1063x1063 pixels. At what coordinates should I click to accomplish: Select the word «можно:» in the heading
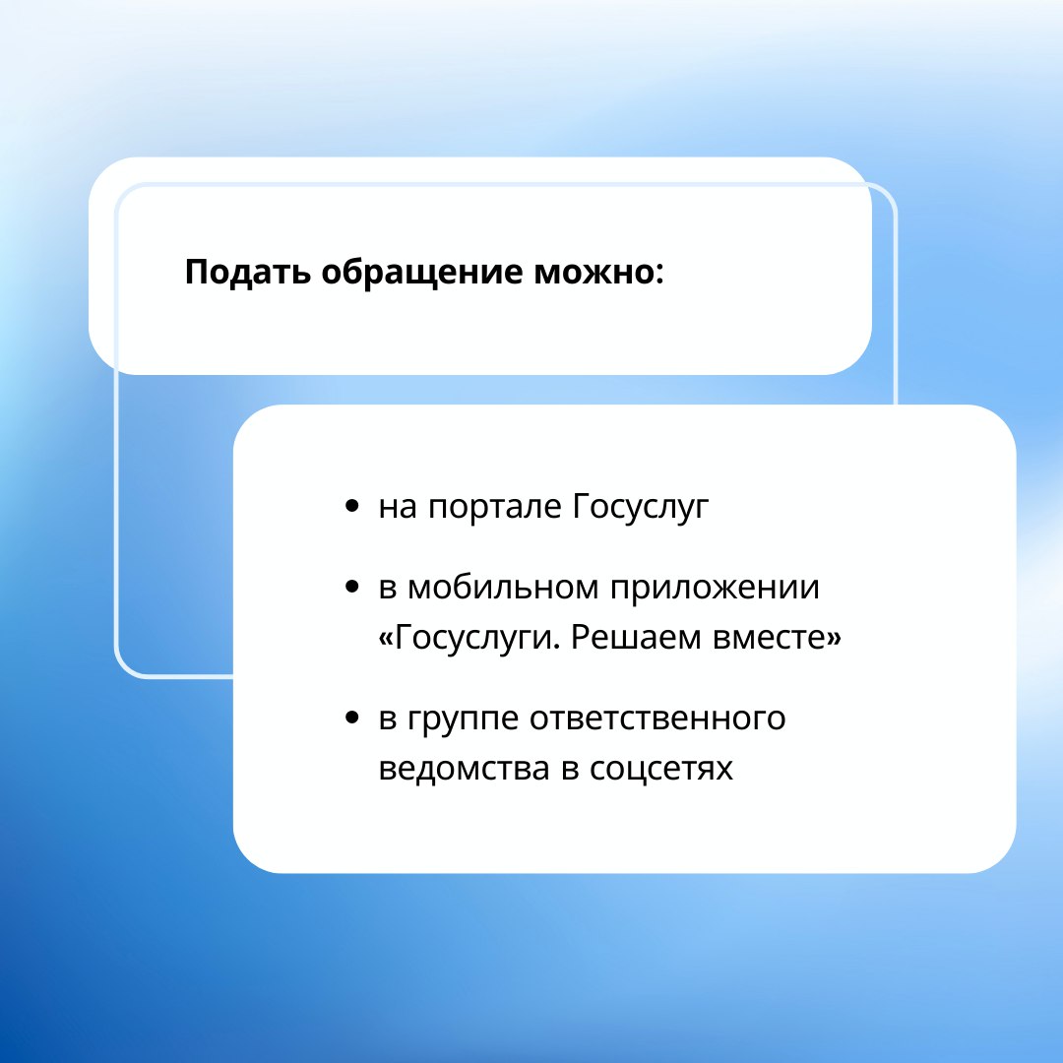[x=599, y=273]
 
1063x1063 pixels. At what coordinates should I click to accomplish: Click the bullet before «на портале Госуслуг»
[x=351, y=506]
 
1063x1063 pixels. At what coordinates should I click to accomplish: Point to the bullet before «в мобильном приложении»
[x=351, y=587]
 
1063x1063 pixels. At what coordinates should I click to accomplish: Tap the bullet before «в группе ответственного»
[x=351, y=718]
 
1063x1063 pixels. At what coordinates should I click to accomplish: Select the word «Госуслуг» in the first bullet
[x=641, y=507]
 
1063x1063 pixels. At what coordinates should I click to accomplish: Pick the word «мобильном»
[x=503, y=587]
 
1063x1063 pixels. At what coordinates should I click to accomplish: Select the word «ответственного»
[x=657, y=718]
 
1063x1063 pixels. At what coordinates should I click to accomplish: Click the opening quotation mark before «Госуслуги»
[x=386, y=639]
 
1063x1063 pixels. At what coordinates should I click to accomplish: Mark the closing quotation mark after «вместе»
[x=834, y=639]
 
